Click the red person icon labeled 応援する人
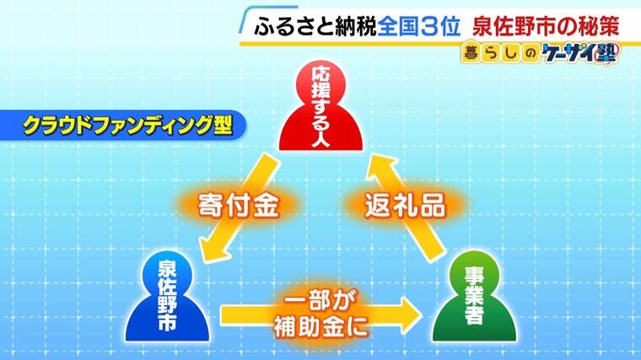point(320,107)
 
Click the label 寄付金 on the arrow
point(238,205)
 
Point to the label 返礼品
point(405,205)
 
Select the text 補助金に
point(320,326)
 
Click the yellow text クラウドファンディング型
point(127,125)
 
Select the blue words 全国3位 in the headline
point(418,27)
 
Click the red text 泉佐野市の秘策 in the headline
point(547,27)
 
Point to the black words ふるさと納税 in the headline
point(315,27)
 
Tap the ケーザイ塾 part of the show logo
point(581,53)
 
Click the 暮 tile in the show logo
point(471,53)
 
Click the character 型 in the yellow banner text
point(223,125)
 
